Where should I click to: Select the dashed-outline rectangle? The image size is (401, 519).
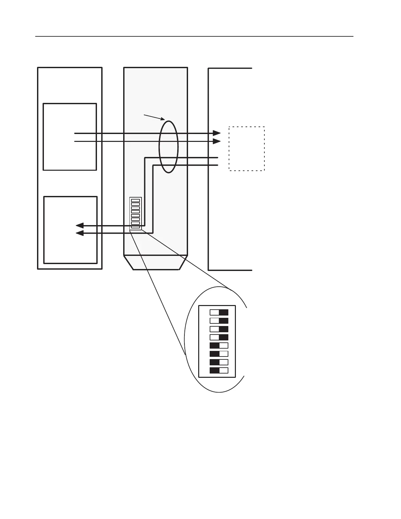(247, 149)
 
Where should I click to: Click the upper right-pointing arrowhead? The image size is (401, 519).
(217, 133)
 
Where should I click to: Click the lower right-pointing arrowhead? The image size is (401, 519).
(217, 141)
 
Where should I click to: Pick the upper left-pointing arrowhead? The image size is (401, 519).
(80, 225)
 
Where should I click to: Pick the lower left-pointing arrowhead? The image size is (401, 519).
(80, 233)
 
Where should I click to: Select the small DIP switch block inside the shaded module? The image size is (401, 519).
(135, 214)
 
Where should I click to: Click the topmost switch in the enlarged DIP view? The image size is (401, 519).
(219, 312)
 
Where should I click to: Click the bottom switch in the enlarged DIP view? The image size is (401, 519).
(219, 371)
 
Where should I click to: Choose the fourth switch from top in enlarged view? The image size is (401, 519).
(219, 337)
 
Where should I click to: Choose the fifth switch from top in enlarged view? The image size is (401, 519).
(219, 345)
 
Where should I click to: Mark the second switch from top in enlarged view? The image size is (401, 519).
(219, 321)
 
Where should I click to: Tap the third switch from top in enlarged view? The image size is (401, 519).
(219, 329)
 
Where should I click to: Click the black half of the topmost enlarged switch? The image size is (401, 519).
(223, 312)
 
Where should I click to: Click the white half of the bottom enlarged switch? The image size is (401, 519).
(223, 371)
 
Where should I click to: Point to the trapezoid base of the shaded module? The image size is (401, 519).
(156, 262)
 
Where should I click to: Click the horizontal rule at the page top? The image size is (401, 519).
(194, 36)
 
